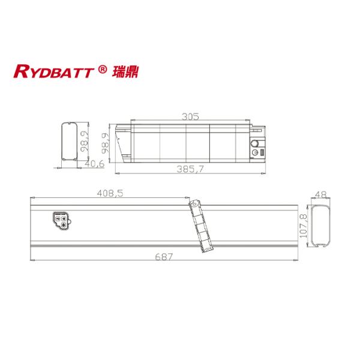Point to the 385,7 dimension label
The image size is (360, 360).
point(190,169)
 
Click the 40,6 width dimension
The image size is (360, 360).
point(94,163)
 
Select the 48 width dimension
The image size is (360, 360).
point(320,194)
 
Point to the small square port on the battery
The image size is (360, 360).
point(261,154)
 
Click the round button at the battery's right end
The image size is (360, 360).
point(256,145)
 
